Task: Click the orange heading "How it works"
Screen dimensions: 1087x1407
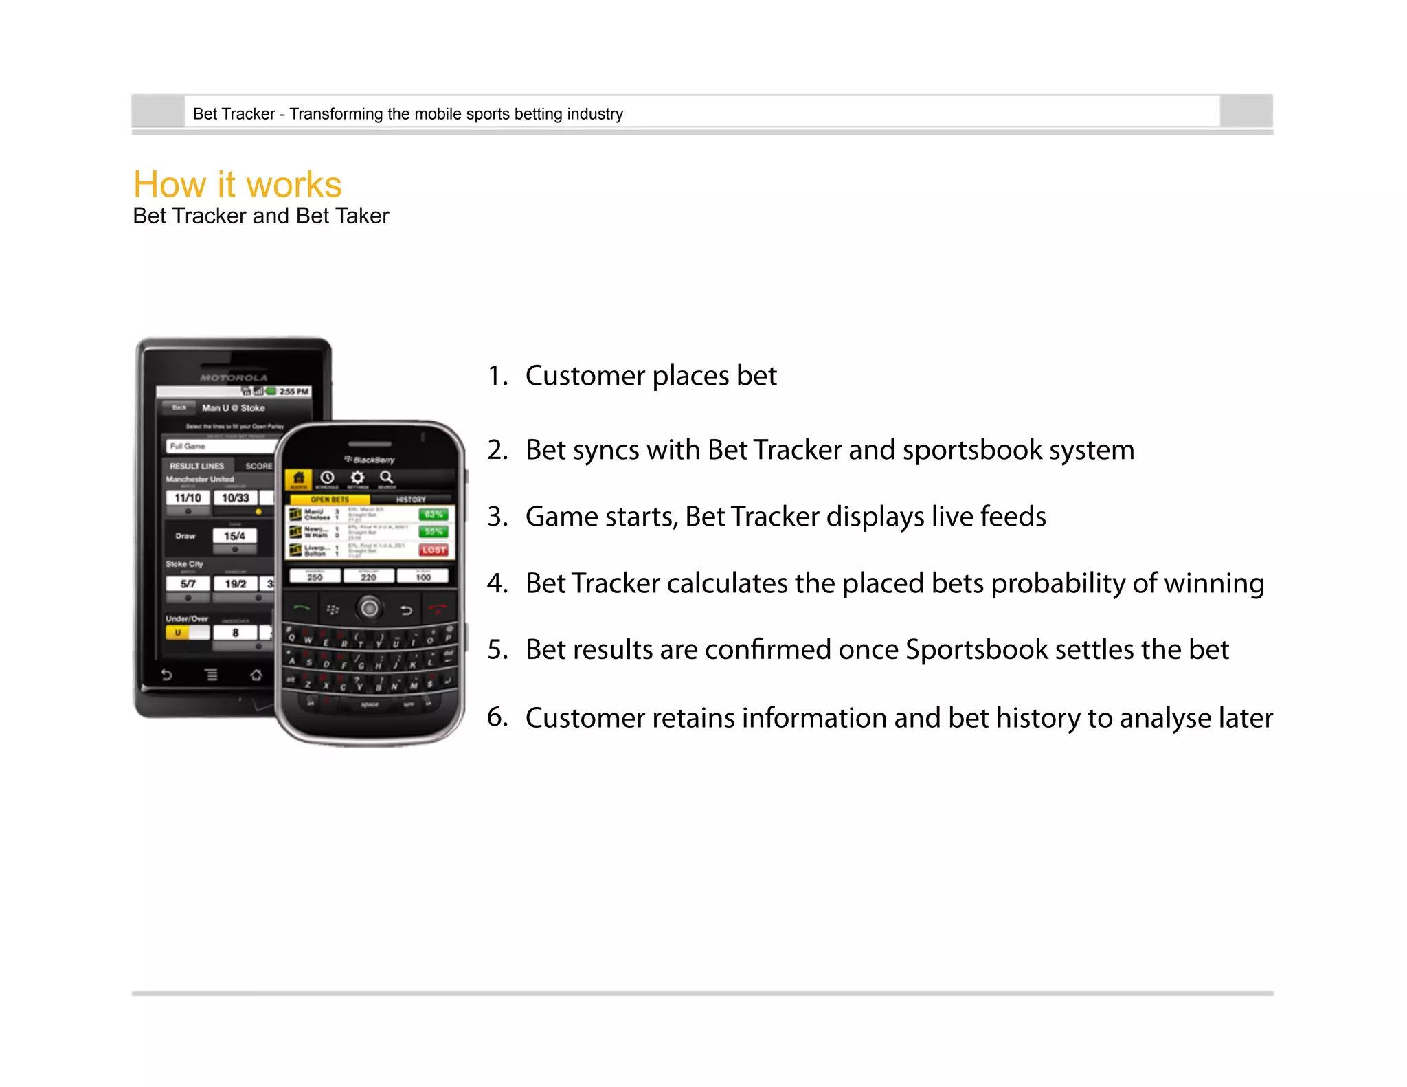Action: [x=237, y=184]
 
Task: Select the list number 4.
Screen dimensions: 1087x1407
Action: [x=497, y=583]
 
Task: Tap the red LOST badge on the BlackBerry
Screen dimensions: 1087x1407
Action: [x=434, y=550]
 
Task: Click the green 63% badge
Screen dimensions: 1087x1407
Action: [x=434, y=514]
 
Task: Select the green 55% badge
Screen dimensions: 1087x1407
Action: [x=434, y=531]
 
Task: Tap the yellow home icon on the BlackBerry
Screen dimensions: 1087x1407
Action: [x=299, y=478]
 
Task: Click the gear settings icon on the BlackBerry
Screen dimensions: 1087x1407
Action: [x=357, y=478]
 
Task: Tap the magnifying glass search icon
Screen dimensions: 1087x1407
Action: [x=387, y=478]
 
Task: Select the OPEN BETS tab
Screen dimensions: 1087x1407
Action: [x=330, y=500]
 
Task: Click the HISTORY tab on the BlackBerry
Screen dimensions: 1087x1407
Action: [x=411, y=500]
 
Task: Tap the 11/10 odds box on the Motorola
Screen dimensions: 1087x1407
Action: [x=188, y=497]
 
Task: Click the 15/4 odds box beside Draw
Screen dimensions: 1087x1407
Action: [x=234, y=536]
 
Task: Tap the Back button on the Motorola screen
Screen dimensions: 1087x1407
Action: [x=179, y=407]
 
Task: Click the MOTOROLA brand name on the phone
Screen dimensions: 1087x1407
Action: [x=234, y=377]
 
